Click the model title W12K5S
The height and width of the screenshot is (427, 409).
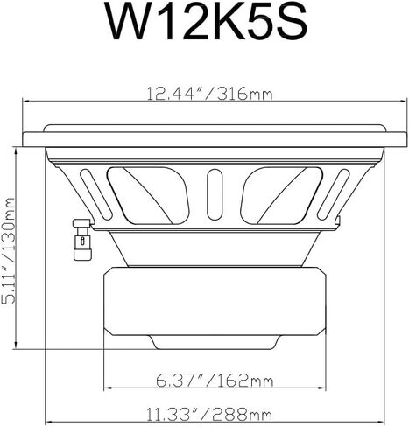tap(207, 22)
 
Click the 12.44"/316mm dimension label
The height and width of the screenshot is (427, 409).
tap(209, 94)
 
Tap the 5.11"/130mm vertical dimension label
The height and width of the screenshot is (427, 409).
tap(8, 251)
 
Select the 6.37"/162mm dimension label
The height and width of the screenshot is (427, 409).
tap(215, 380)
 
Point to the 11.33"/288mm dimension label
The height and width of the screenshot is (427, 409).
tap(209, 414)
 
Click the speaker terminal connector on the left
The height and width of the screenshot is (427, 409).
tap(82, 240)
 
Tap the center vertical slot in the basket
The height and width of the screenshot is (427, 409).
tap(215, 194)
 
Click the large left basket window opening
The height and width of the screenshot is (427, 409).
tap(148, 196)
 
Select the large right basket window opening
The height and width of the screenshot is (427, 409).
tap(281, 196)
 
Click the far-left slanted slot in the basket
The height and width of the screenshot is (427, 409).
tap(96, 194)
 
